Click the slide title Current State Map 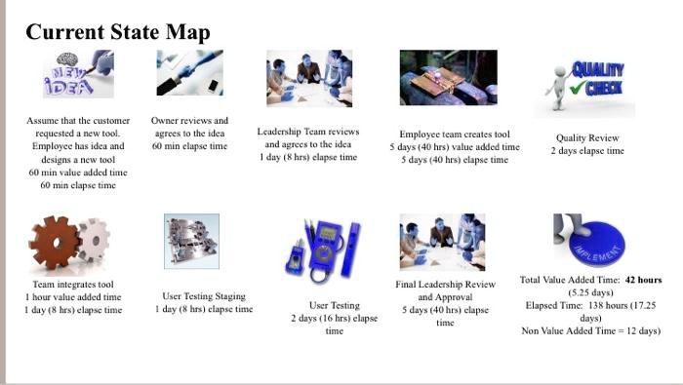click(117, 32)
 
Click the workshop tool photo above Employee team click(448, 79)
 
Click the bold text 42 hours click(643, 280)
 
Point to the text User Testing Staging click(204, 296)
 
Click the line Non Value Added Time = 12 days click(590, 330)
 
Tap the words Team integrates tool click(73, 285)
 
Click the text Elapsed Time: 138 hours click(589, 305)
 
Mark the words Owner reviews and click(189, 121)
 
